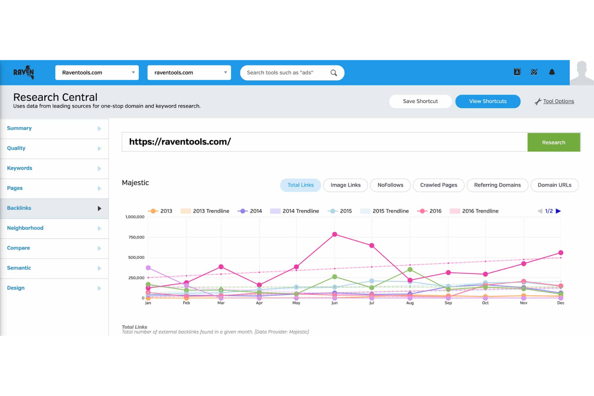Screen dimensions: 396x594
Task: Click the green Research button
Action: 553,142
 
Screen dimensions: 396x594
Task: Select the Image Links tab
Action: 345,185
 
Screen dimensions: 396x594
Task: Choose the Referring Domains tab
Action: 497,185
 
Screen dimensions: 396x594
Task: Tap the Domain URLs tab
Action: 554,185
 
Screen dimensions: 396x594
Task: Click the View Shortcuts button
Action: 488,102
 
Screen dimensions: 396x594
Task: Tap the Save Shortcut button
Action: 420,102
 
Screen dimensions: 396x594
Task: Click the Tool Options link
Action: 558,102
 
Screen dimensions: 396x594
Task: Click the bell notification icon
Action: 552,72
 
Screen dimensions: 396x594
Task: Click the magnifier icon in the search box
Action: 334,73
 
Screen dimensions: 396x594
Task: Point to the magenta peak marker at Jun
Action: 335,234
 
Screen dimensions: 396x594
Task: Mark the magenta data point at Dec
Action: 561,253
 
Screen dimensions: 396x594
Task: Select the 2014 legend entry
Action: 250,211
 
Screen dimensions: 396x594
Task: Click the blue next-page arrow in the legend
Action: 558,211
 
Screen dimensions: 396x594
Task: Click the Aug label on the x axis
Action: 410,303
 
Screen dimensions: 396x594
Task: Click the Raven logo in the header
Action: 24,73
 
